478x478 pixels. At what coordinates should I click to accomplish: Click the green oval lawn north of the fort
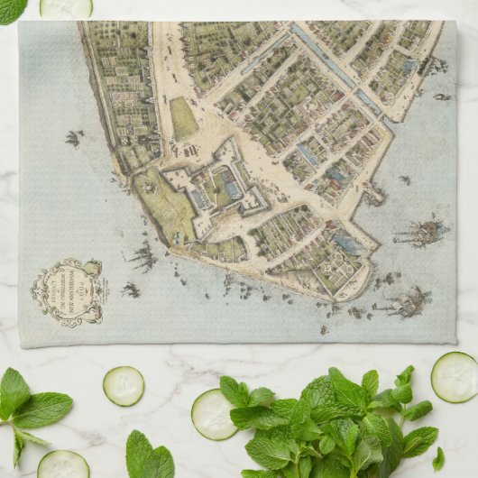[x=183, y=118]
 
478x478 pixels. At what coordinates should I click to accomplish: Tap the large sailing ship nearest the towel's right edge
[x=422, y=232]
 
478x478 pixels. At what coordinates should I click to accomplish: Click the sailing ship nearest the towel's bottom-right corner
[x=404, y=301]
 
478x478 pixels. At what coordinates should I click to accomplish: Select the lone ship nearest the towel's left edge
[x=72, y=138]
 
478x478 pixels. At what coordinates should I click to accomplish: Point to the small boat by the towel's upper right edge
[x=441, y=97]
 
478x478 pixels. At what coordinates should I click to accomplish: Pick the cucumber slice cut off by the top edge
[x=66, y=7]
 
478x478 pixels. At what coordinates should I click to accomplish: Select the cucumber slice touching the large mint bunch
[x=214, y=415]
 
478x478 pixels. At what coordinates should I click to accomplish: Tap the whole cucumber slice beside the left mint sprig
[x=123, y=385]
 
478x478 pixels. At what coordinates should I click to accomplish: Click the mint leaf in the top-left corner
[x=11, y=9]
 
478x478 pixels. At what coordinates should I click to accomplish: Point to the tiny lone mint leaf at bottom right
[x=438, y=459]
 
